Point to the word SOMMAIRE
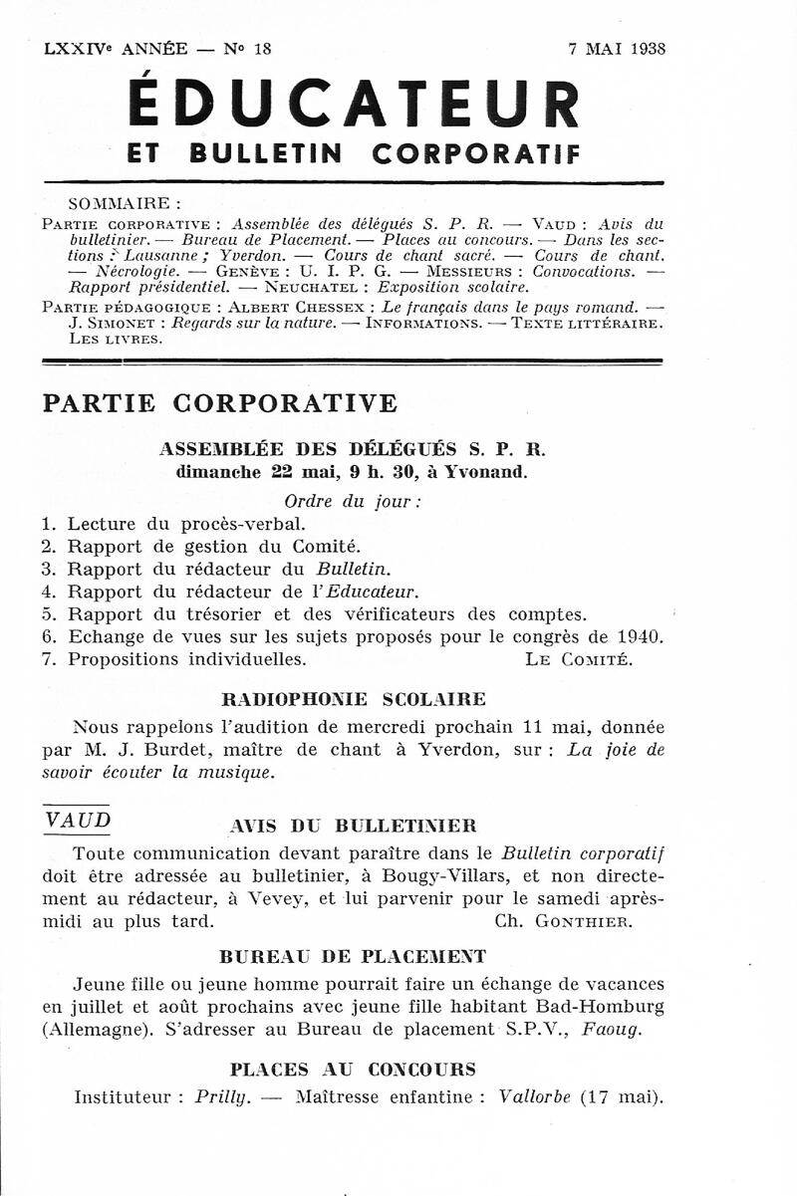[x=118, y=204]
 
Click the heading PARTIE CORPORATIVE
[x=220, y=403]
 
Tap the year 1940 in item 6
[x=639, y=636]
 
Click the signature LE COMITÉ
[x=578, y=659]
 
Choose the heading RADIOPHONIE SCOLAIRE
[x=352, y=698]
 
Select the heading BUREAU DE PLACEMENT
[x=352, y=957]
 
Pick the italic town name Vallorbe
[x=534, y=1097]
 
